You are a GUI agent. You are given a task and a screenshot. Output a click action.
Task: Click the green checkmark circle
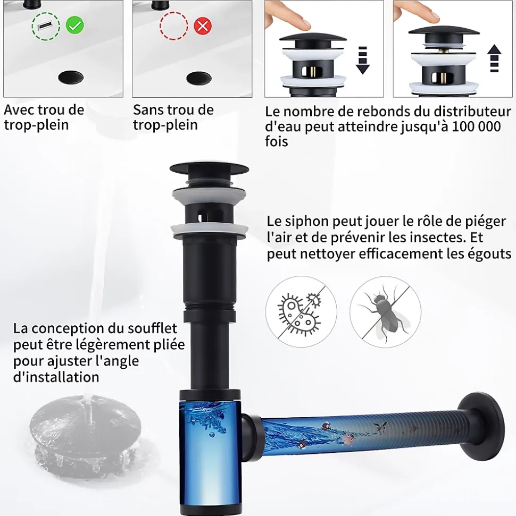[75, 25]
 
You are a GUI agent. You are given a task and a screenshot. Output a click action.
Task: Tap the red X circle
[203, 26]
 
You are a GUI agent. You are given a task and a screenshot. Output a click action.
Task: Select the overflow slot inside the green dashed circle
[46, 26]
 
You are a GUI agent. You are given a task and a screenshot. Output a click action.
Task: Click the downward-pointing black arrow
[362, 60]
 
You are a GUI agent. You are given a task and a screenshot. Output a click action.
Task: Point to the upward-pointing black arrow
[494, 58]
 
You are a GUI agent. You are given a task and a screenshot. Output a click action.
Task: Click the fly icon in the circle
[385, 311]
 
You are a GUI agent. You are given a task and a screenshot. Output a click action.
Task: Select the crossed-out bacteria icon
[301, 311]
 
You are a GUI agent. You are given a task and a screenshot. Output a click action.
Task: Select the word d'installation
[56, 377]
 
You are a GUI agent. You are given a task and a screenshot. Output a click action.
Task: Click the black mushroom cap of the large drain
[209, 168]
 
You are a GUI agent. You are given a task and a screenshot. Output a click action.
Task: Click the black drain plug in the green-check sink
[71, 78]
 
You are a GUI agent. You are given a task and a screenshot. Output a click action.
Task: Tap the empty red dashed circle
[174, 26]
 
